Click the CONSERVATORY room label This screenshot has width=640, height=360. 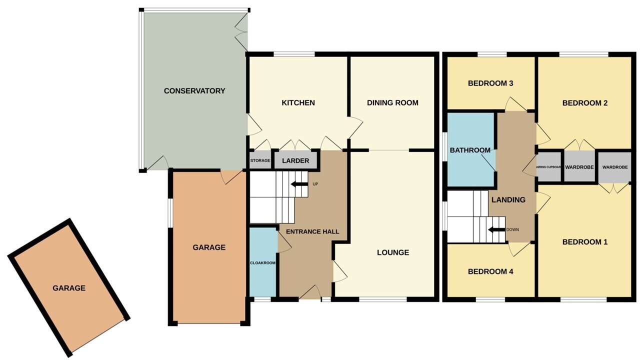(x=194, y=91)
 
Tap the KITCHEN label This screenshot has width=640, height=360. (x=298, y=103)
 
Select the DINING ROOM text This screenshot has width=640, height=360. (x=392, y=103)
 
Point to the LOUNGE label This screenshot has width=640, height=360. (x=393, y=252)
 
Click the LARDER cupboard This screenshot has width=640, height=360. (x=295, y=160)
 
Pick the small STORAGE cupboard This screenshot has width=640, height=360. (x=260, y=160)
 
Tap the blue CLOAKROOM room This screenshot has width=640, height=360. (x=263, y=262)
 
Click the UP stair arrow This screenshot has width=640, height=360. (x=299, y=184)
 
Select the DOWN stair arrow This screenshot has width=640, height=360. (x=496, y=229)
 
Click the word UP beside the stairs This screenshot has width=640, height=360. (x=315, y=184)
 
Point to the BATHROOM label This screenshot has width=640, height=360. (x=470, y=150)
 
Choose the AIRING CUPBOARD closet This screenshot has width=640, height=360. (x=548, y=167)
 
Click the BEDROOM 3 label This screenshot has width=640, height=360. (x=490, y=83)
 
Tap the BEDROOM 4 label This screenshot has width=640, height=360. (x=490, y=271)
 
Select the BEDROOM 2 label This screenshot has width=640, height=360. (x=585, y=103)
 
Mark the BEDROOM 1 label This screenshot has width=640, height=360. (x=585, y=242)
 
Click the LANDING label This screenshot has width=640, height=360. (x=508, y=200)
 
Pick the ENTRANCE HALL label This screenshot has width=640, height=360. (x=312, y=231)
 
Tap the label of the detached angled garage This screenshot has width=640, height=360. (x=69, y=288)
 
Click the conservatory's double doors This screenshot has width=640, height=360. (x=241, y=32)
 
